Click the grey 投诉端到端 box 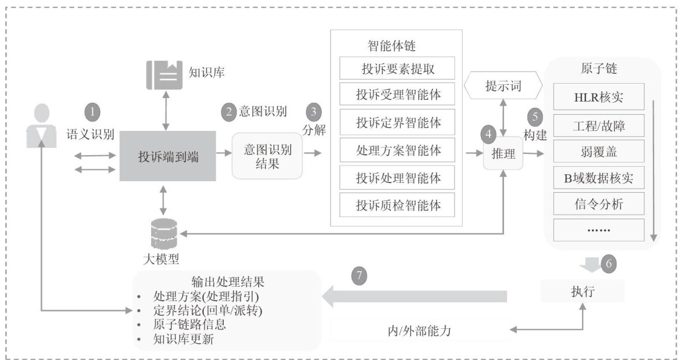coord(168,156)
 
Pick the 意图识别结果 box coord(268,156)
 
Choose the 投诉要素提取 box coord(397,69)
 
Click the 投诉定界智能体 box coord(397,123)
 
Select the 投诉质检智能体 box coord(397,205)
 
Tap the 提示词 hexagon coord(504,87)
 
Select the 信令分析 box coord(598,204)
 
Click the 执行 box coord(583,291)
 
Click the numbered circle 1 coord(92,111)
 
